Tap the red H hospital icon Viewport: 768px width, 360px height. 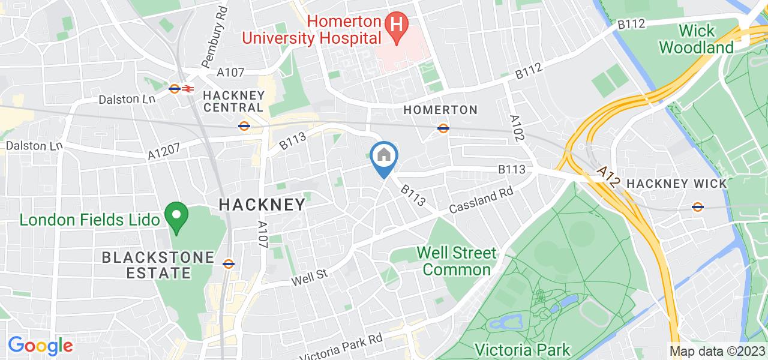tap(397, 25)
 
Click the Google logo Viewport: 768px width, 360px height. tap(40, 346)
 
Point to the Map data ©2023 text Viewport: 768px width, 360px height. tap(717, 351)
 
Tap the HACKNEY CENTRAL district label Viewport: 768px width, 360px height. tap(233, 101)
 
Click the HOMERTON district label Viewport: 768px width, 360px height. tap(440, 110)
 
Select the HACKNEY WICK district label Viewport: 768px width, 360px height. tap(676, 184)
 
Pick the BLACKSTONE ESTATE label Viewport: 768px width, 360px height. tap(158, 265)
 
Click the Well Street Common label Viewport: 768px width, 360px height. tap(457, 261)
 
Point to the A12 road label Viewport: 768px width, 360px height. tap(610, 179)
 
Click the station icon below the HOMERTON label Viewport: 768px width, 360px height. tap(443, 128)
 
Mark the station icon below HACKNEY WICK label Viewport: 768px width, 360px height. tap(697, 207)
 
